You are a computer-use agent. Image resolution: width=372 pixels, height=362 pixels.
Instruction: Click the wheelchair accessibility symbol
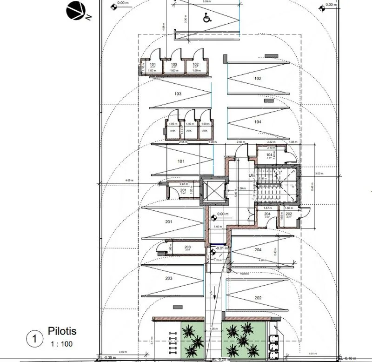tap(206, 18)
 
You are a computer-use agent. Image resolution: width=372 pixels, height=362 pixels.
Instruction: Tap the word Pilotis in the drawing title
tap(62, 331)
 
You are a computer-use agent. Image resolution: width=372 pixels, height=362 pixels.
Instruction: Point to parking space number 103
tap(178, 94)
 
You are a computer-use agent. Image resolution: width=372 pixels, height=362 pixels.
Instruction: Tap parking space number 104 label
tap(258, 122)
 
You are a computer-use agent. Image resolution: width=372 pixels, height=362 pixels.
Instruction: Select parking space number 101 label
tap(181, 161)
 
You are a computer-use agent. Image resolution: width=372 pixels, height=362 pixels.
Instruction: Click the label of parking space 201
tap(168, 222)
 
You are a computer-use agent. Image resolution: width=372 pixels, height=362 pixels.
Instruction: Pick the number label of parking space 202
tap(258, 298)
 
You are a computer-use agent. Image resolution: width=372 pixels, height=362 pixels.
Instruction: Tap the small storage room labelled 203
tap(187, 248)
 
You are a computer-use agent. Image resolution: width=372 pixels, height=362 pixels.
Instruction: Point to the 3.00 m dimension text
tap(319, 174)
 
